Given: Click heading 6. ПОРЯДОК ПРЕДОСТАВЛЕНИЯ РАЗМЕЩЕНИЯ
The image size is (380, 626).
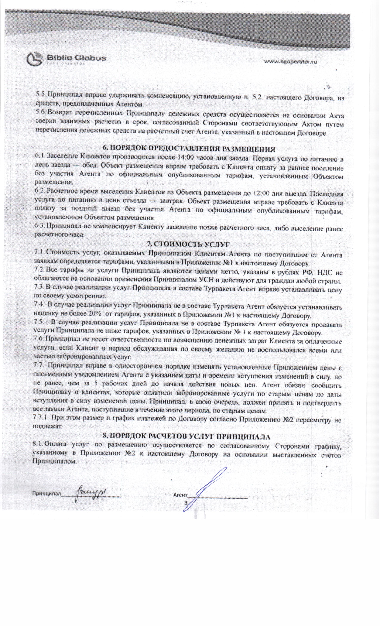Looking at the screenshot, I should pyautogui.click(x=189, y=149).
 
